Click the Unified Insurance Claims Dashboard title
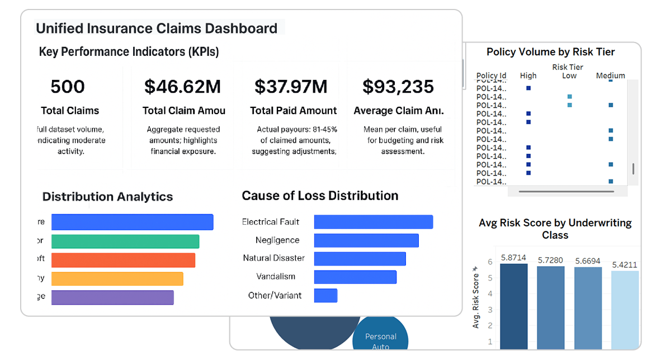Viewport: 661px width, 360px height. tap(157, 29)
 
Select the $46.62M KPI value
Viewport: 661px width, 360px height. tap(182, 87)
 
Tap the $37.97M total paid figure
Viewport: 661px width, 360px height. tap(291, 87)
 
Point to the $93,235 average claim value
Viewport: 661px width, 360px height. tap(398, 87)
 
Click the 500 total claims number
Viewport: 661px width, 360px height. tap(68, 87)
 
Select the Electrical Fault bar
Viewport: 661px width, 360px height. tap(373, 222)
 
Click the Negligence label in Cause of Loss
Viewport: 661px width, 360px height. tap(277, 240)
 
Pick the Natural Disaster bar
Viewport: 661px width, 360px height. tap(360, 259)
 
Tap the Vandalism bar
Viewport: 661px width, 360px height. tap(355, 277)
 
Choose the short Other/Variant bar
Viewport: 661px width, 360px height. tap(325, 296)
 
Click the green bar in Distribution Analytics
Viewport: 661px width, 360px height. tap(125, 241)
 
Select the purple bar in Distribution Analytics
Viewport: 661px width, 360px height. tap(112, 297)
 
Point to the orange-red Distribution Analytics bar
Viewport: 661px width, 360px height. tap(123, 260)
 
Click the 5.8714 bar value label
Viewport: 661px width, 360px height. tap(513, 258)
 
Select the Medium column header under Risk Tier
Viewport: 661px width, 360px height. tap(610, 75)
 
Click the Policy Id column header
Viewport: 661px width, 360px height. tap(491, 75)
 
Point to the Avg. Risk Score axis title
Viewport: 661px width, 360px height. tap(476, 299)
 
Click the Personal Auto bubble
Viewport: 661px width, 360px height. tap(380, 339)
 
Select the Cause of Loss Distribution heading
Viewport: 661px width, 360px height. tap(320, 196)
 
